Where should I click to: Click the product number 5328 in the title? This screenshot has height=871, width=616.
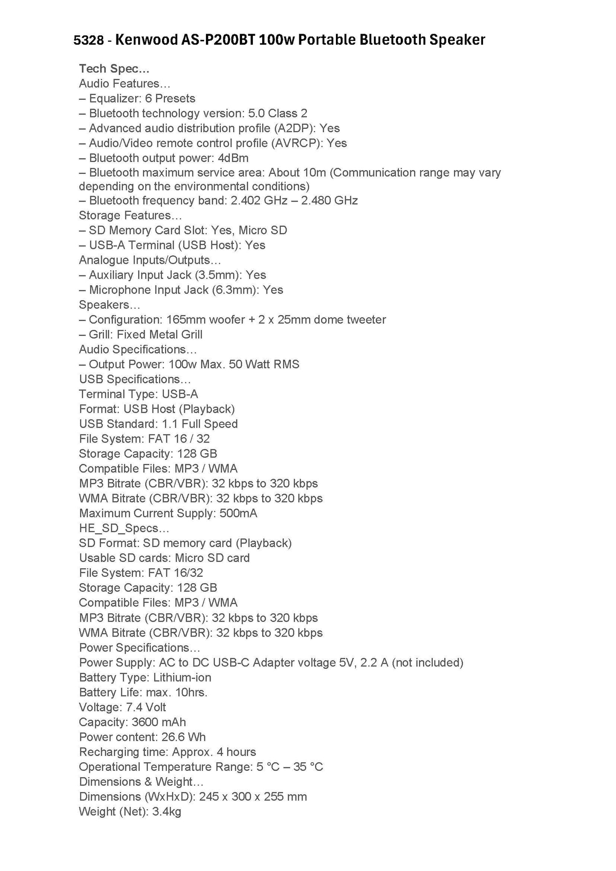[89, 40]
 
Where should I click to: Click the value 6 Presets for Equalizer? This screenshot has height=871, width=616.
[170, 98]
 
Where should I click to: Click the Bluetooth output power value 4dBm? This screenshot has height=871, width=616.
[233, 158]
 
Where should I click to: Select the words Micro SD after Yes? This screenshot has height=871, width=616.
[263, 230]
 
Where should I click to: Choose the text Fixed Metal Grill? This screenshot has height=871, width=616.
[159, 335]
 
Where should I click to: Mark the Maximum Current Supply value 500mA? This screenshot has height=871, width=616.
[238, 513]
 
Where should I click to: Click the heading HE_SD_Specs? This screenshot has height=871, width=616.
[124, 528]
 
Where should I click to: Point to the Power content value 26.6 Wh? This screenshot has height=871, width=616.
[184, 737]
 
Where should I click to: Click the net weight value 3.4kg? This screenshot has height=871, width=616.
[167, 812]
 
